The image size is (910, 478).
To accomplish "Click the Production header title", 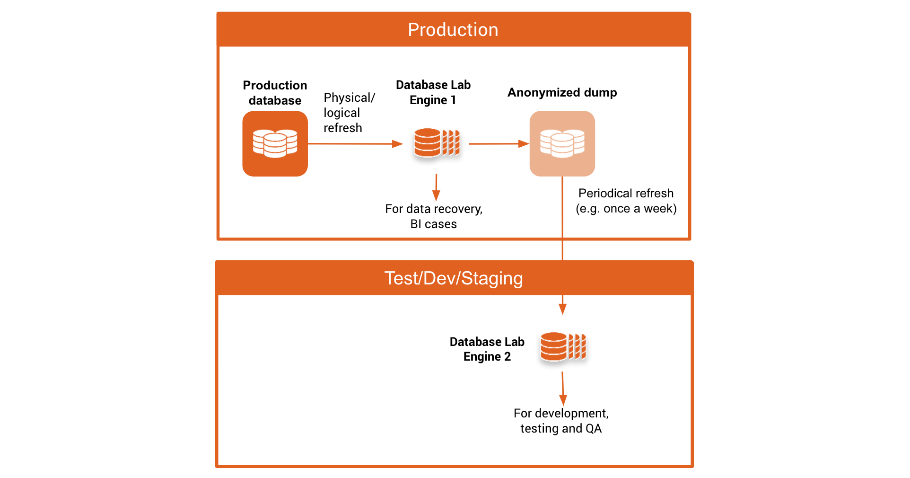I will point(453,30).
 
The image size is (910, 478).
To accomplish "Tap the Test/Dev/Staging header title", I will point(453,278).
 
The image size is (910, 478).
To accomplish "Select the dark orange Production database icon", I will point(275,143).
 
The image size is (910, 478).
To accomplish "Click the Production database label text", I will point(275,93).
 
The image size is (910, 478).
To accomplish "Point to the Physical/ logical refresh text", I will point(349,113).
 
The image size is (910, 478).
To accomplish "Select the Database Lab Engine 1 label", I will point(433,92).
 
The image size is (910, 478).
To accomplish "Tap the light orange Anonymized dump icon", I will point(562,143).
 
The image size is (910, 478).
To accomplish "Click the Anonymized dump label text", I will point(562,92).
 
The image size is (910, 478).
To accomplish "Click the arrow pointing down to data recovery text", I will point(436,187).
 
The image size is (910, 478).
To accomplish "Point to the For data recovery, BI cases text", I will point(434,216).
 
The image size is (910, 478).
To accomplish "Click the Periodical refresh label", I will point(626,193).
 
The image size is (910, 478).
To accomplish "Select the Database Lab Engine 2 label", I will point(487,349).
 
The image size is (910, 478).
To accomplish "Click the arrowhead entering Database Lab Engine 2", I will point(562,309).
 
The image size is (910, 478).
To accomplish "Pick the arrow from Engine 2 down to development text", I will point(562,388).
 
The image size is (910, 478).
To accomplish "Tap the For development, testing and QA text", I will point(561,421).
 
